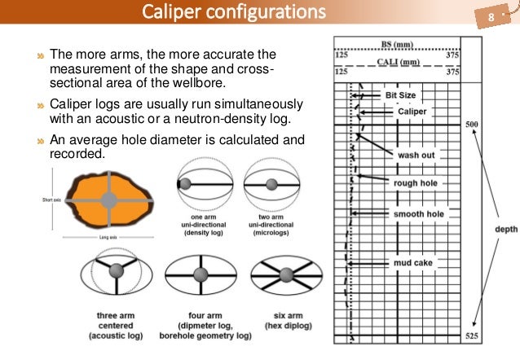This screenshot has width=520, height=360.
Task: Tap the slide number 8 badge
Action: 491,17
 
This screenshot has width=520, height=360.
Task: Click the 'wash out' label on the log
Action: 416,155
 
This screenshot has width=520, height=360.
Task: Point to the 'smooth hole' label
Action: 419,213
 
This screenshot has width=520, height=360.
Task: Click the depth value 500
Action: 472,125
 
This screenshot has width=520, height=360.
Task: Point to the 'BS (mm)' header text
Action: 397,45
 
